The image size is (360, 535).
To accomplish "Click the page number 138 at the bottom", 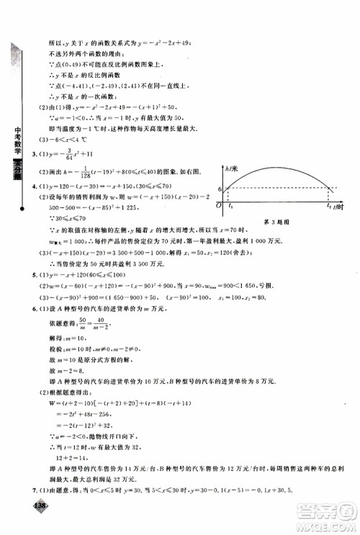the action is point(40,525).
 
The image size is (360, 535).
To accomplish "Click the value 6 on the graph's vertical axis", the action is point(220,189).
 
